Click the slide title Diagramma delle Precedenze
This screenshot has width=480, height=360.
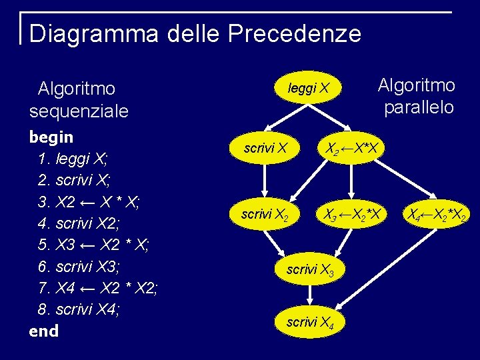tap(195, 33)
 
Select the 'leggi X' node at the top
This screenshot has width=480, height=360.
tap(308, 88)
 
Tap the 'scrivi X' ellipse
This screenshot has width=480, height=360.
tap(265, 148)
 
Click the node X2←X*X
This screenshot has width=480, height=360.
tap(351, 148)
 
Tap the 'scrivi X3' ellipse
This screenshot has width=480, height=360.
tap(310, 270)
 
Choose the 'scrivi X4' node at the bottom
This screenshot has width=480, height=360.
tap(310, 323)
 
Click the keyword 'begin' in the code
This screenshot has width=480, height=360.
tap(51, 137)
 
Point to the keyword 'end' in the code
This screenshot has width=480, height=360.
tap(44, 331)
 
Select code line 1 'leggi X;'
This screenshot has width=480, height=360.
tap(73, 159)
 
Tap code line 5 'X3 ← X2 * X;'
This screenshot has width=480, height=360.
tap(93, 245)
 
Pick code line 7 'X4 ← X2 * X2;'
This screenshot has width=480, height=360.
tap(97, 289)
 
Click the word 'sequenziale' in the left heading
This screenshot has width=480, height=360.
tap(78, 111)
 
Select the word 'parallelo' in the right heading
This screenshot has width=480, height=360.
tap(419, 107)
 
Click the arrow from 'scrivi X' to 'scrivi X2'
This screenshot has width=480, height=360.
tap(265, 180)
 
